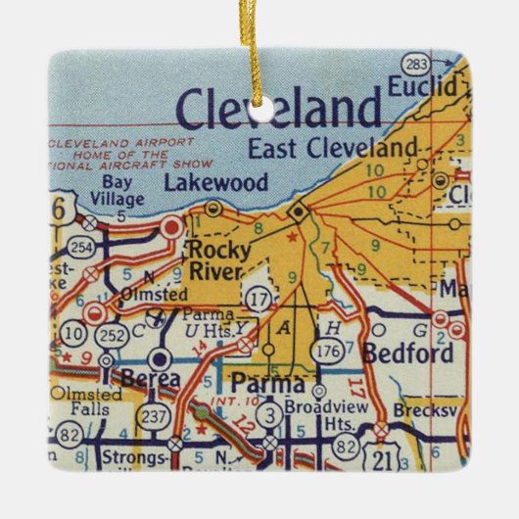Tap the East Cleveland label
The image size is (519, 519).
point(332,149)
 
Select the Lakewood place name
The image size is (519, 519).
point(201,182)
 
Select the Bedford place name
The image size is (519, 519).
point(406,353)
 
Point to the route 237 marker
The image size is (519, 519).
point(155,416)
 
